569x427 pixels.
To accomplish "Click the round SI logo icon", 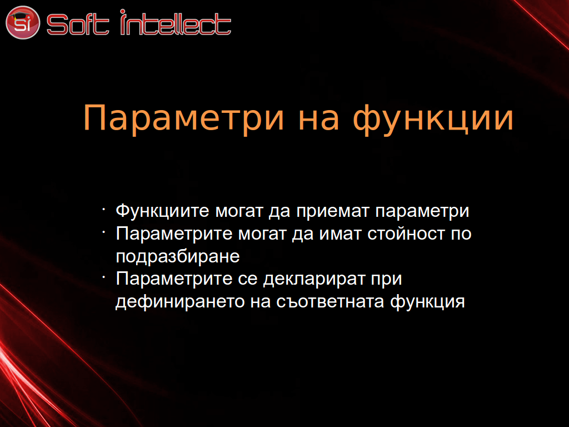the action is click(22, 22).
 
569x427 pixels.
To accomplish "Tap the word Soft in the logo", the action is click(78, 24).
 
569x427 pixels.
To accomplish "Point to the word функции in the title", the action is click(433, 118).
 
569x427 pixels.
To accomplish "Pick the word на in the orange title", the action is click(318, 119).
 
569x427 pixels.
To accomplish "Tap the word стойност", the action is click(406, 234).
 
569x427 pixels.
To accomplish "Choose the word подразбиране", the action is click(178, 257).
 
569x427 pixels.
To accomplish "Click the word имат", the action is click(341, 234).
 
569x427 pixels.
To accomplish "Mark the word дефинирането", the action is click(180, 302).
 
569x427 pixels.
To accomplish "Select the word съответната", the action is click(330, 302).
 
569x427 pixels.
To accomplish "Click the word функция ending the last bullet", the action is click(427, 302).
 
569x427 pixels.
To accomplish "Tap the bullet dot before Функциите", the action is click(104, 210).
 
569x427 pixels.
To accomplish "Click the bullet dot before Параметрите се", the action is click(104, 277).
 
